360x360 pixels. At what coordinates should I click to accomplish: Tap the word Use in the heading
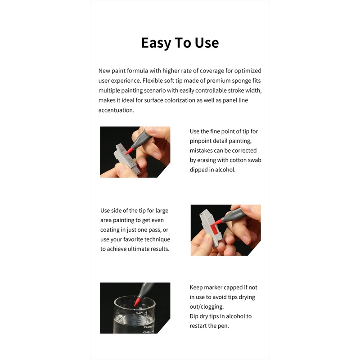point(207,43)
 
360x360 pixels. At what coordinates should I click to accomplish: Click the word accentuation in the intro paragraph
point(116,110)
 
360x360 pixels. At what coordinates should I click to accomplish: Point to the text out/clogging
point(207,307)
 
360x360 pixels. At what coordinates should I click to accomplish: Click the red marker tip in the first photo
point(129,151)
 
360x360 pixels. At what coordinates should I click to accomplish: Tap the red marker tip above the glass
point(137,301)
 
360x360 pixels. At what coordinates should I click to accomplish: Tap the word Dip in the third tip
point(194,316)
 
